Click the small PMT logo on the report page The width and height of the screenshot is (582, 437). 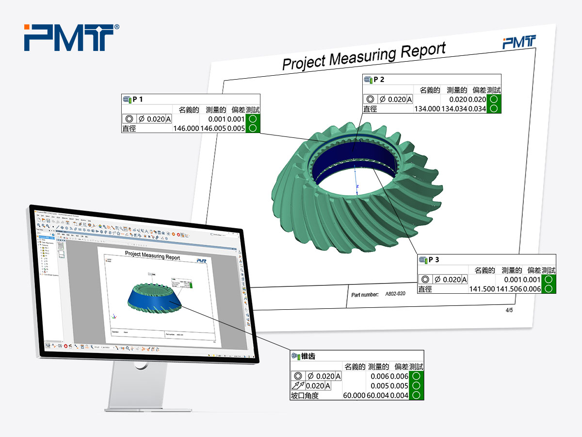(519, 42)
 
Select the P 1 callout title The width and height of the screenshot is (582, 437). (138, 100)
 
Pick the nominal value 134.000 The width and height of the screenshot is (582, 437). (426, 109)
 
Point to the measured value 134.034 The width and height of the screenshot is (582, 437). (454, 109)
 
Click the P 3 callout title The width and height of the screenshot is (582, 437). (434, 260)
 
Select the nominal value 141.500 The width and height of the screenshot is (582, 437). (482, 289)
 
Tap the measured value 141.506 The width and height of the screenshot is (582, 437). (509, 289)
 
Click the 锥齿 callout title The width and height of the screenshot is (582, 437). (308, 356)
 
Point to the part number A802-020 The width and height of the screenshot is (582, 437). (395, 294)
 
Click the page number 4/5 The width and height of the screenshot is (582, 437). (509, 310)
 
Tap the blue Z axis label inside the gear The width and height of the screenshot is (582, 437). (357, 186)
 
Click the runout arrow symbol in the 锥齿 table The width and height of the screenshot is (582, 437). (298, 386)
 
